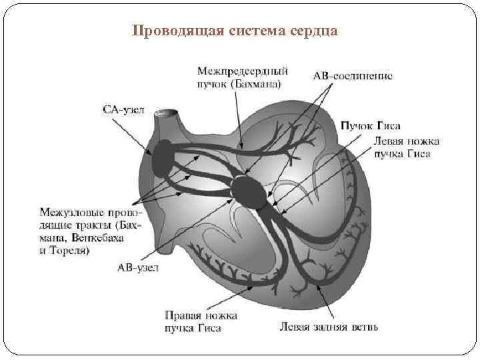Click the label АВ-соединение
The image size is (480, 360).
[x=353, y=75]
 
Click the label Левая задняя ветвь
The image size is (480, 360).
[x=329, y=327]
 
